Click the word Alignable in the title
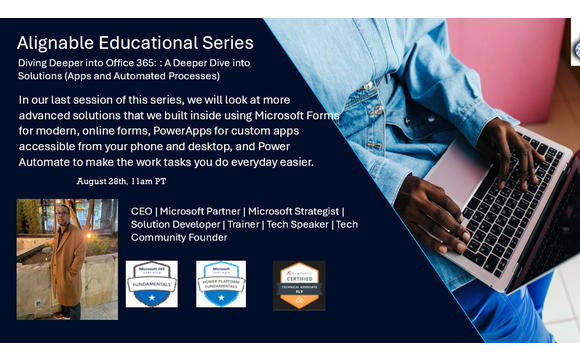pyautogui.click(x=63, y=43)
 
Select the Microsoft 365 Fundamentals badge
pyautogui.click(x=151, y=283)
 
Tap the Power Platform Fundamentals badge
pyautogui.click(x=221, y=283)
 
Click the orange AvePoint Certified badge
pyautogui.click(x=299, y=285)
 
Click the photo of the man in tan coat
pyautogui.click(x=66, y=259)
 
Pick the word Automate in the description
pyautogui.click(x=53, y=161)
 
